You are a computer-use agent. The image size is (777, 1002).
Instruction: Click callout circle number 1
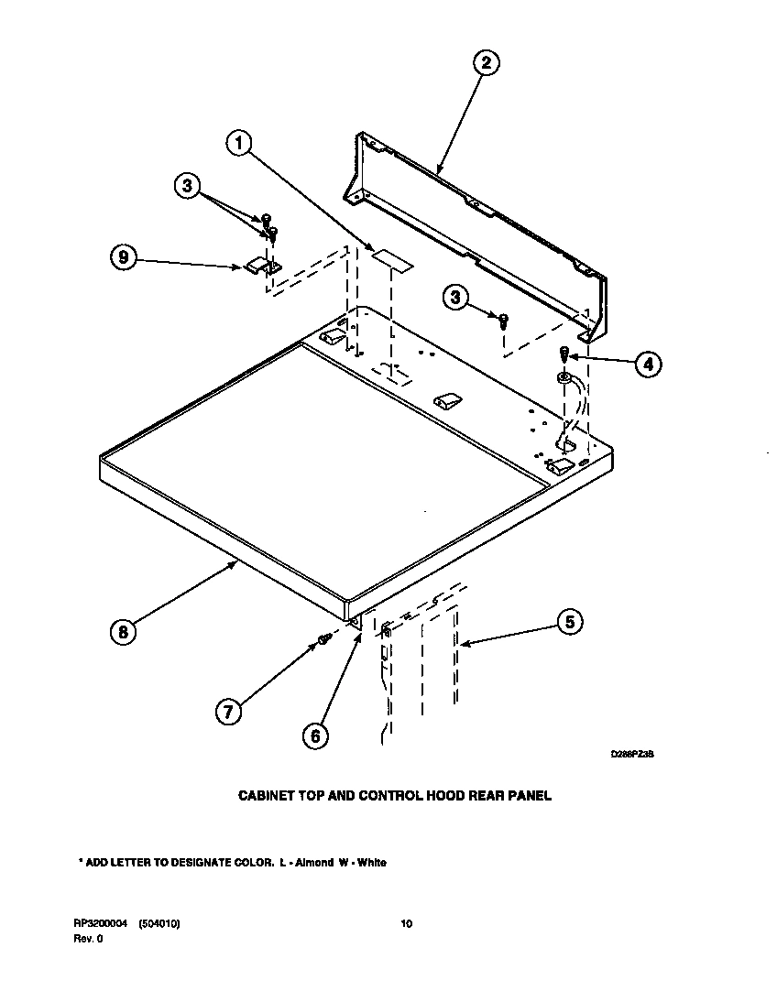pyautogui.click(x=239, y=143)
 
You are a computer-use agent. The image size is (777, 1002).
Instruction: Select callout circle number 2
pyautogui.click(x=486, y=62)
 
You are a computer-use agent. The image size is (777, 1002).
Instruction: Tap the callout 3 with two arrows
pyautogui.click(x=187, y=186)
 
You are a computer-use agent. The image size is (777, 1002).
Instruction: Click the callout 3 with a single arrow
pyautogui.click(x=455, y=297)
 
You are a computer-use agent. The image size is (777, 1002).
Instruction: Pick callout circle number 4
pyautogui.click(x=647, y=364)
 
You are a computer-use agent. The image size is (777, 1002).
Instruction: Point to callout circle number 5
pyautogui.click(x=569, y=622)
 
